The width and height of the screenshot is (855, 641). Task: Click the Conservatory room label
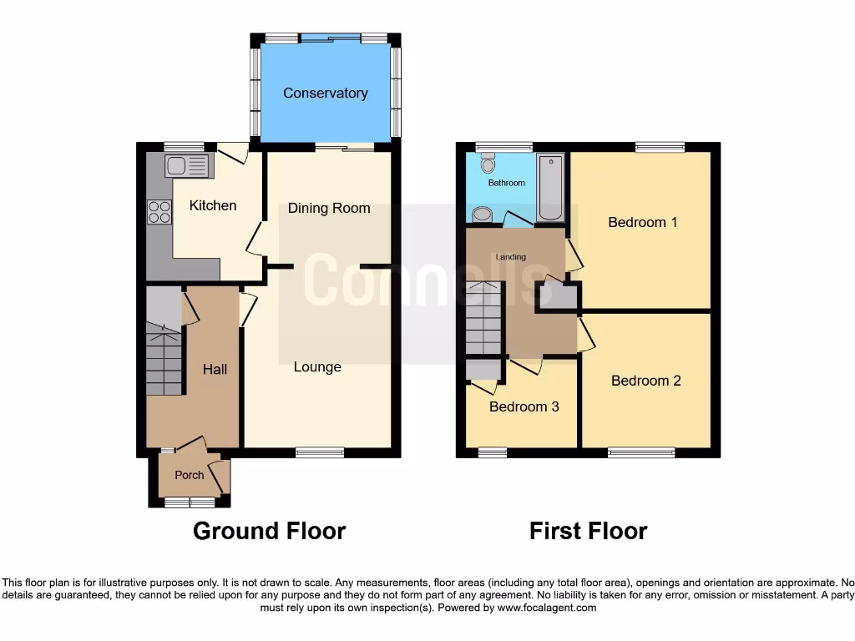click(325, 93)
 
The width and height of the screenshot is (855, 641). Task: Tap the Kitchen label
click(213, 205)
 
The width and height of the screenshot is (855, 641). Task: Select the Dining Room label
click(329, 208)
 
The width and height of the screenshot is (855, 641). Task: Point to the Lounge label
click(317, 366)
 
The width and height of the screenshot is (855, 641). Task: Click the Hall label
click(215, 368)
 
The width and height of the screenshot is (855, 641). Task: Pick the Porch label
click(189, 475)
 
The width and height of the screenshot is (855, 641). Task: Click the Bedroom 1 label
click(642, 222)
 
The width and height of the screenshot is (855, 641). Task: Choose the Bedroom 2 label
click(645, 381)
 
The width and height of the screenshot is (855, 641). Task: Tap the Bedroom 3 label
click(524, 407)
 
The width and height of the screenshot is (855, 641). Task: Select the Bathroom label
click(506, 182)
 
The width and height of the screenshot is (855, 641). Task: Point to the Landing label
click(510, 257)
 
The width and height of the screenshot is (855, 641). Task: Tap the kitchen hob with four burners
click(159, 212)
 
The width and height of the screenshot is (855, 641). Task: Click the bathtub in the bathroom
click(550, 188)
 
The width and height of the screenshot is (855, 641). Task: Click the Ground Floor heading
click(269, 531)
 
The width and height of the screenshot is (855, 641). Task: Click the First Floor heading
click(588, 531)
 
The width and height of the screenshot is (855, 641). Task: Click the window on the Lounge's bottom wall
click(320, 452)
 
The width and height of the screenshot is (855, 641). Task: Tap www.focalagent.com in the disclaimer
click(547, 608)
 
